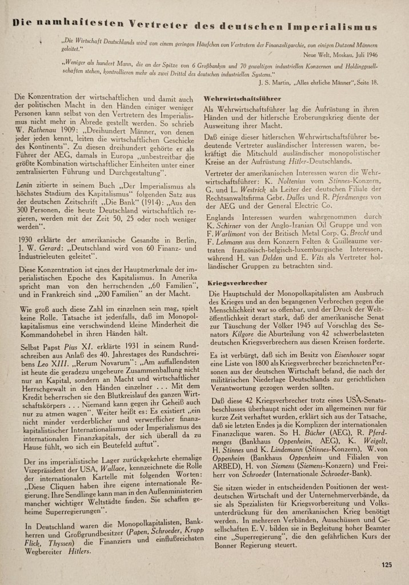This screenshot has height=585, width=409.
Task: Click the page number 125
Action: point(386,565)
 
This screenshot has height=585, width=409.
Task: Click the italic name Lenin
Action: point(23,179)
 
